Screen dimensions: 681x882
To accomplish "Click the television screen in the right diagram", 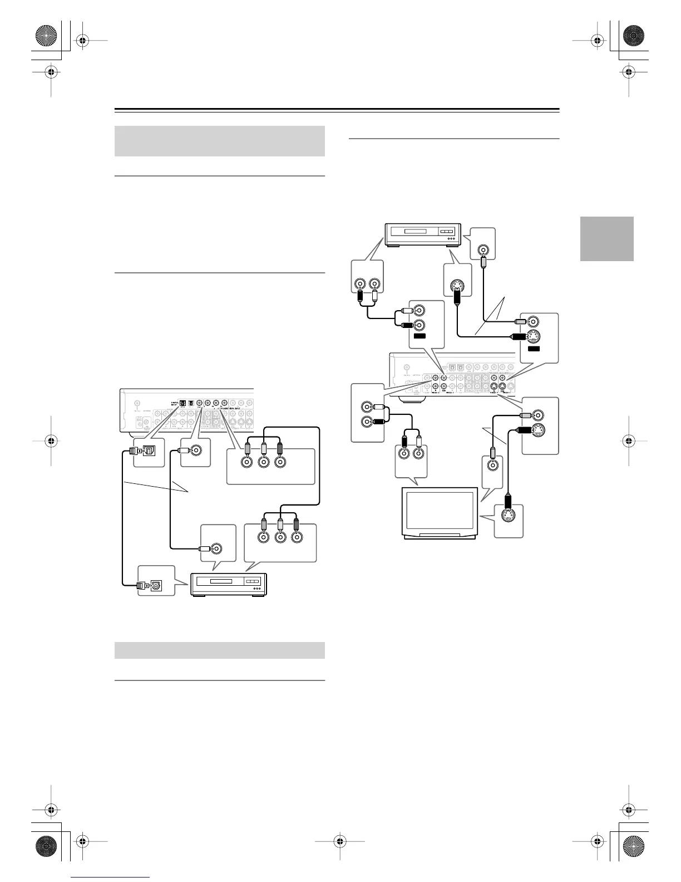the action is (x=440, y=511).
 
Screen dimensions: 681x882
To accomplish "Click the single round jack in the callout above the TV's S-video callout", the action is (x=492, y=467).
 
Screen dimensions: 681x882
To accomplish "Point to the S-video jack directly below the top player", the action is (x=457, y=287).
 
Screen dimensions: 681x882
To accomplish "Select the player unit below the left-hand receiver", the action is (x=229, y=585).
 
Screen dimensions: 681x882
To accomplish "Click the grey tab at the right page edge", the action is (x=606, y=238).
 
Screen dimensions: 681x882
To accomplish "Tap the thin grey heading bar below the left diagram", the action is (x=219, y=650).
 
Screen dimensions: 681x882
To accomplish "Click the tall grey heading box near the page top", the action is (x=219, y=141).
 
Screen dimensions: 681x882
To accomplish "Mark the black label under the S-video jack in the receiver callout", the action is (x=534, y=349).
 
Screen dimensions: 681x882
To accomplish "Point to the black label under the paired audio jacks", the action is (x=420, y=336).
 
